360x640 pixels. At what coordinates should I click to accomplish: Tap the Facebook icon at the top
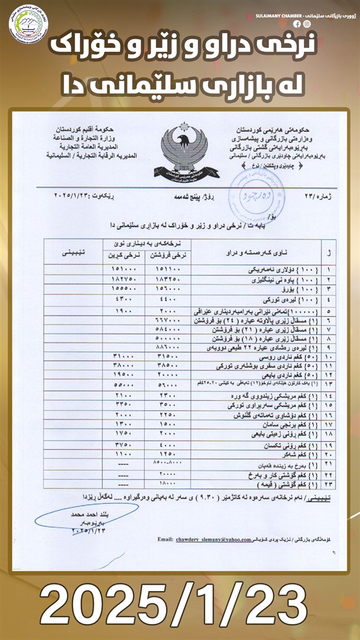point(297,24)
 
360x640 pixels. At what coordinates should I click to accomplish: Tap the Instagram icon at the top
point(307,24)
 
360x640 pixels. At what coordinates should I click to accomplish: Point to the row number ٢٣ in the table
point(328,484)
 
